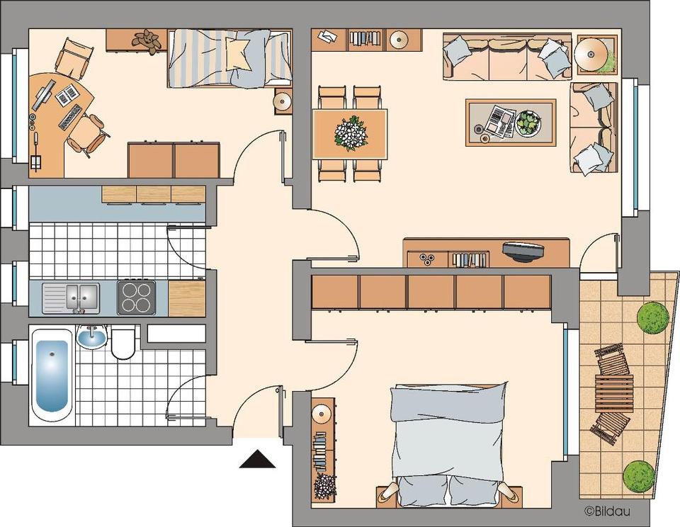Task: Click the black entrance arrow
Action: pyautogui.click(x=257, y=460)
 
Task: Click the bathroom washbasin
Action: pyautogui.click(x=91, y=338)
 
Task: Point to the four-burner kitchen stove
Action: pyautogui.click(x=136, y=297)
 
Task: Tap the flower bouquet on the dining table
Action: pyautogui.click(x=350, y=133)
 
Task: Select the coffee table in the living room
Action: pyautogui.click(x=510, y=123)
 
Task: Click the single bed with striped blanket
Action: pyautogui.click(x=229, y=58)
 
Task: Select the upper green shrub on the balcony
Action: pyautogui.click(x=653, y=319)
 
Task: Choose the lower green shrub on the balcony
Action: pyautogui.click(x=639, y=475)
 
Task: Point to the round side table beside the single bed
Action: pyautogui.click(x=283, y=102)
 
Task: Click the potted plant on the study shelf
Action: pyautogui.click(x=148, y=41)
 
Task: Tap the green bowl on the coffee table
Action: pyautogui.click(x=528, y=123)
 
